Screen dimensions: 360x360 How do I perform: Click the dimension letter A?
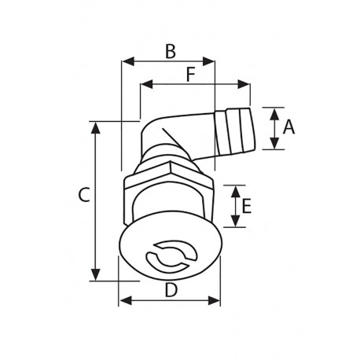288,127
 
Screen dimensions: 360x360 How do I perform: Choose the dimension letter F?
191,75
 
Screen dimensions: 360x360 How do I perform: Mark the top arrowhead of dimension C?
96,127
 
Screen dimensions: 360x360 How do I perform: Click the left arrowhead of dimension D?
123,299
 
